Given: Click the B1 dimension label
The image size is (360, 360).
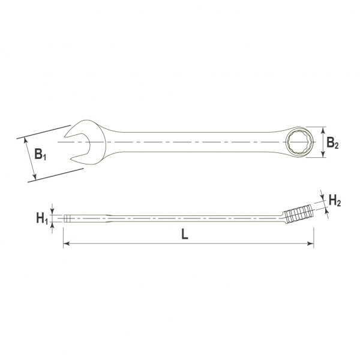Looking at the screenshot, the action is (40, 154).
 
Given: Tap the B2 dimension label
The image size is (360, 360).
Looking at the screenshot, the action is (332, 143).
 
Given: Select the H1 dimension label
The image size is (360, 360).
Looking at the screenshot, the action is (42, 218).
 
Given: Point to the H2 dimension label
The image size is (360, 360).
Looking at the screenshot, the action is (335, 200).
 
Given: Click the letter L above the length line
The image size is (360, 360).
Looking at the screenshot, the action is (185, 234).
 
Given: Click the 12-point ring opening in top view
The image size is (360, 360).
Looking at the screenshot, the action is (298, 142).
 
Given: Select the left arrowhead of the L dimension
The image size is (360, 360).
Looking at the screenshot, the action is (67, 244).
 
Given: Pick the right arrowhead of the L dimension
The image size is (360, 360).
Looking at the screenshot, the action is (310, 244).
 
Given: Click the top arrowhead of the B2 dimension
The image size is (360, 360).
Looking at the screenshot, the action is (323, 130).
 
